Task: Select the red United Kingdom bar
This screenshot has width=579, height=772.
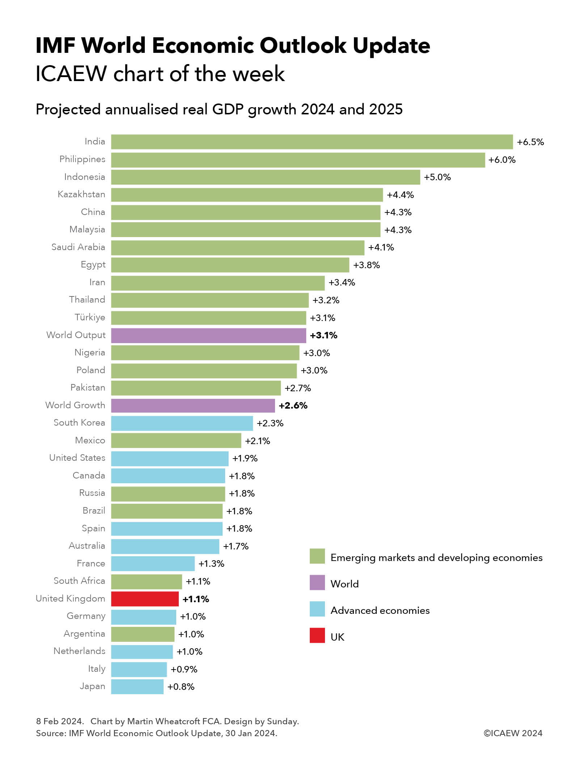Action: pos(145,599)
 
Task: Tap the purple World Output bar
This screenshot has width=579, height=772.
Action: pos(208,335)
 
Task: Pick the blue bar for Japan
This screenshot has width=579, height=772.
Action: pos(137,687)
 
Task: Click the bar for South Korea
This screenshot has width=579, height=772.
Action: pos(182,423)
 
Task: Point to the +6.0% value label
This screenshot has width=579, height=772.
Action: pos(502,160)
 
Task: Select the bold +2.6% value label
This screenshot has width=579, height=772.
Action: pos(293,405)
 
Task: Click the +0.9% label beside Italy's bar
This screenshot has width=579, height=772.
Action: pos(184,669)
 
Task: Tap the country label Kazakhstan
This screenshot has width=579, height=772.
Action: pos(81,194)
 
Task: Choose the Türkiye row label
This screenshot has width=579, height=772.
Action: pos(90,317)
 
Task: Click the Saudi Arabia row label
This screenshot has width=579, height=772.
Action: pos(78,247)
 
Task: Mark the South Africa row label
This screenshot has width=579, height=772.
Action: pos(79,581)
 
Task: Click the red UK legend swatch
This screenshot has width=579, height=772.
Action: pos(317,635)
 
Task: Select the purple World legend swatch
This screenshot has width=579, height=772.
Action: pos(317,582)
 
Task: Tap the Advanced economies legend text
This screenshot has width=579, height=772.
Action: pos(380,610)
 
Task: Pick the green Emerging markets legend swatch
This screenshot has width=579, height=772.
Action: pos(317,556)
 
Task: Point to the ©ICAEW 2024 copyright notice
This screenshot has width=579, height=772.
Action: pos(513,733)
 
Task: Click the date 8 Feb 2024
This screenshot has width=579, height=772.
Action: pos(60,721)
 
